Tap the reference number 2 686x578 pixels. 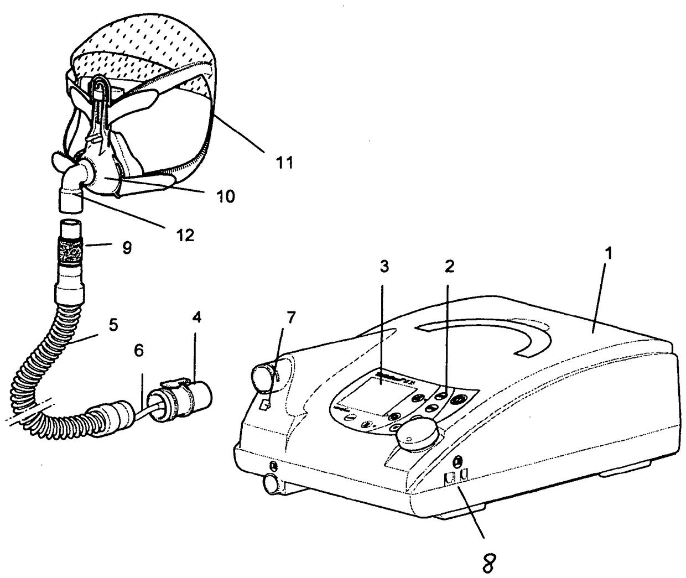[x=449, y=267]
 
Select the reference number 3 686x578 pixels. [x=384, y=267]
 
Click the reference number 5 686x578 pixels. [x=113, y=325]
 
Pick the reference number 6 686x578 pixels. [x=139, y=350]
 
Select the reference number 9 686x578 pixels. [x=127, y=248]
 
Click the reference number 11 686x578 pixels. [x=284, y=163]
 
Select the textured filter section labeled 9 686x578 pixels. [x=69, y=254]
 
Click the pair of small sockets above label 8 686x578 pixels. [x=456, y=475]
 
